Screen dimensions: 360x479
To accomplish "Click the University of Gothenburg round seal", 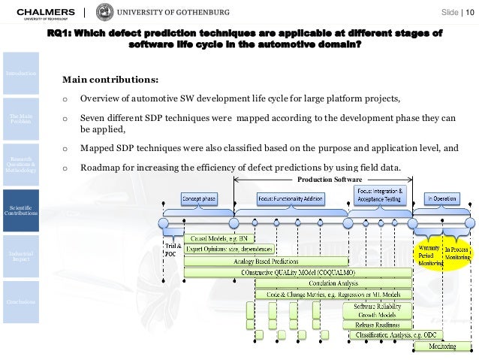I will click(x=105, y=12).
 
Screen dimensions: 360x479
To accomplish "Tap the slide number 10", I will click(x=470, y=12).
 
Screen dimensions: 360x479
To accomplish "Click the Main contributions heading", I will click(x=110, y=79).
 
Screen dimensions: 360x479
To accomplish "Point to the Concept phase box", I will click(x=199, y=198).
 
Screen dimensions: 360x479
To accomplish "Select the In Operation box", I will click(x=443, y=198).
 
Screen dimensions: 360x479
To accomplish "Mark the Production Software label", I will click(x=330, y=180).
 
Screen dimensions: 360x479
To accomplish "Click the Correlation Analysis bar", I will click(x=333, y=283).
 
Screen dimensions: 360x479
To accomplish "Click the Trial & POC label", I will click(x=172, y=249).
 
